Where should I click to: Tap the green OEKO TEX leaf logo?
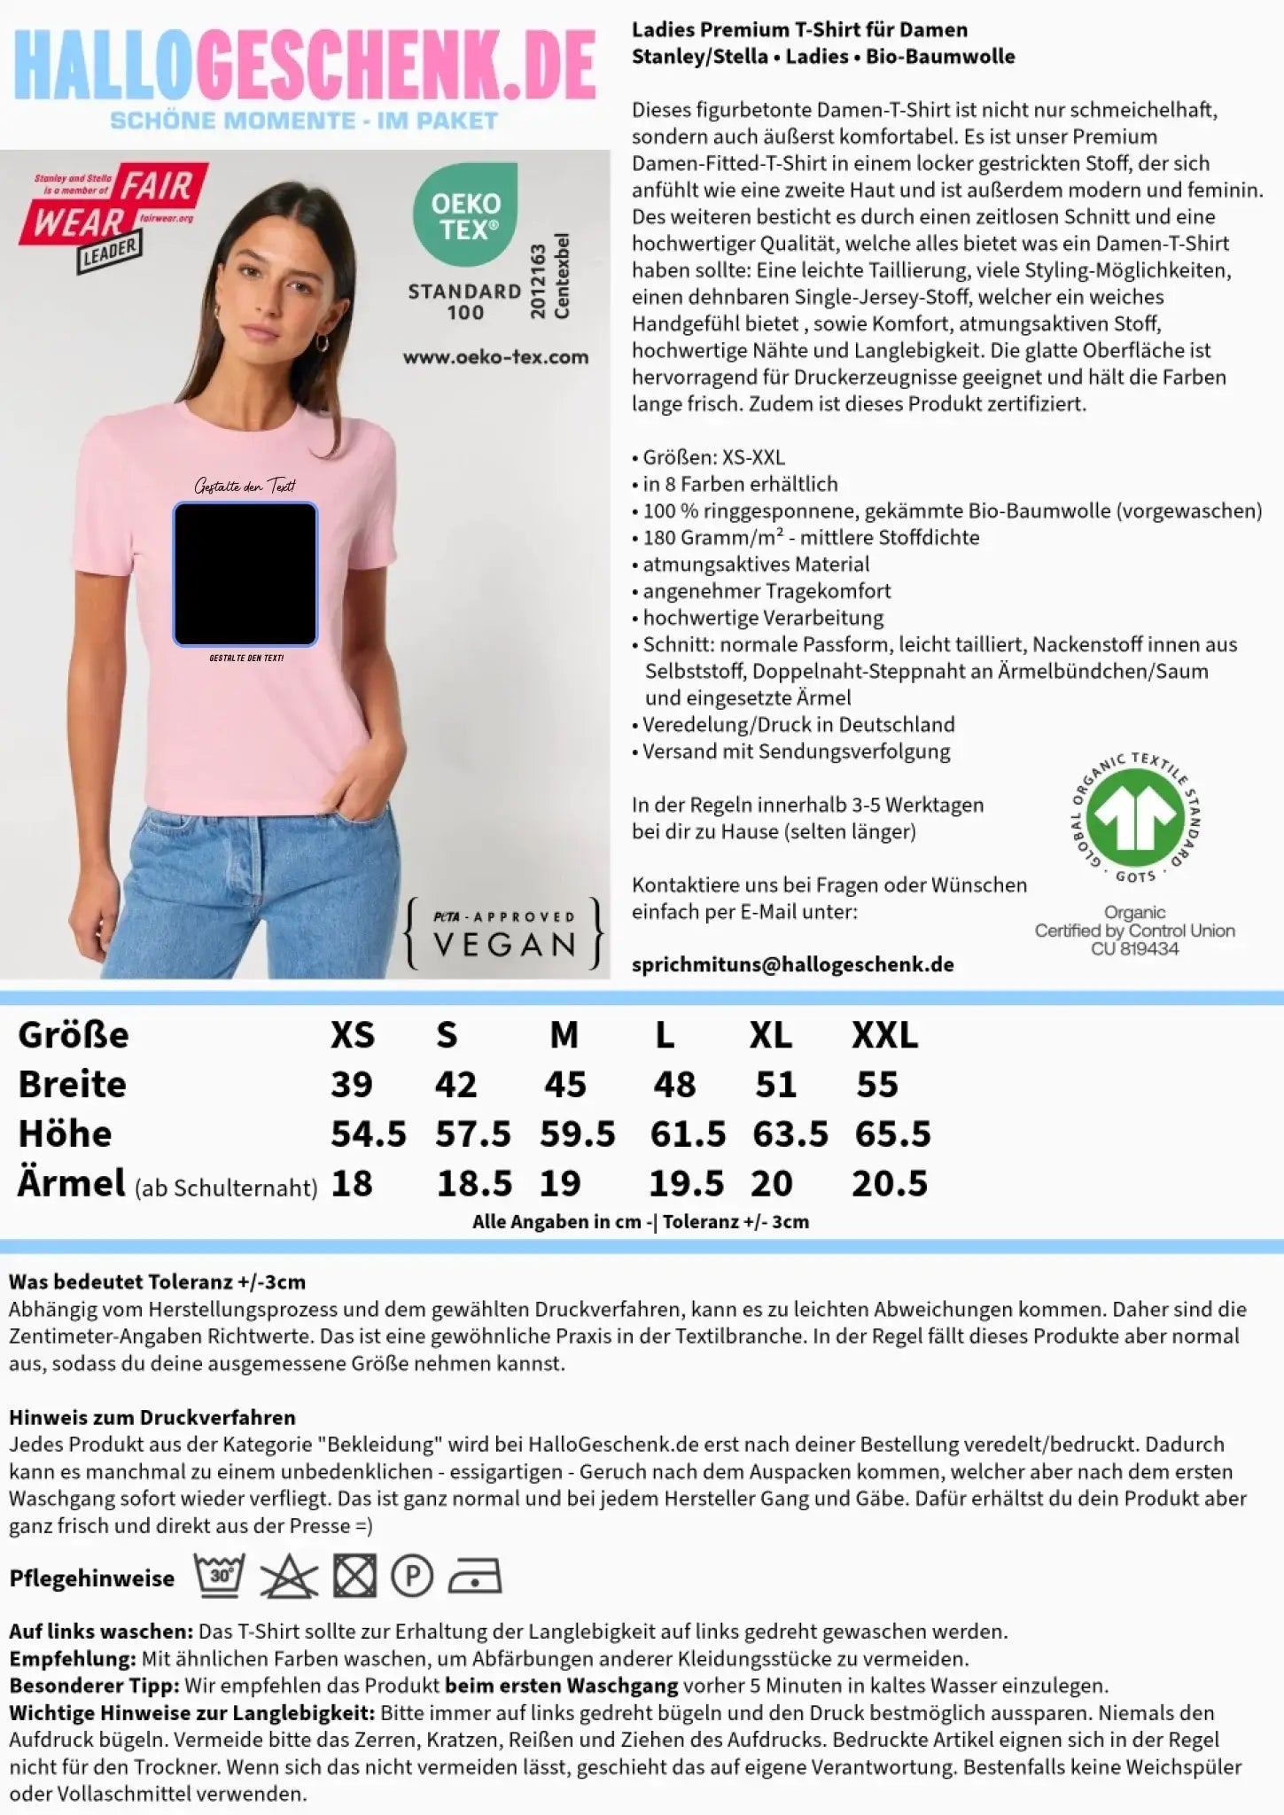tap(466, 215)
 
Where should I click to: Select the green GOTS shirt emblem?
tap(1135, 815)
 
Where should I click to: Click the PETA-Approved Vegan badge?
tap(503, 933)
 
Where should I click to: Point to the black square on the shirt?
tap(245, 573)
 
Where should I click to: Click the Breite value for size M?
tap(565, 1085)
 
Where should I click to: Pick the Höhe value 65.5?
tap(892, 1134)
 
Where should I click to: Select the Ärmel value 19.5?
tap(686, 1184)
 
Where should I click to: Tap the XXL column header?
tap(884, 1035)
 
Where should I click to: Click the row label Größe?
tap(74, 1035)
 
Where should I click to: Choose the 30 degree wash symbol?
tap(219, 1577)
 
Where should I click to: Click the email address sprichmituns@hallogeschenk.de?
tap(792, 965)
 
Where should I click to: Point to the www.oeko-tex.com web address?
tap(495, 357)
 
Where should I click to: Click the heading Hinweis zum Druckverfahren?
tap(152, 1417)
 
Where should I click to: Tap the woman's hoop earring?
tap(323, 342)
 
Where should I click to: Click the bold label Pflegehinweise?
tap(92, 1578)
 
